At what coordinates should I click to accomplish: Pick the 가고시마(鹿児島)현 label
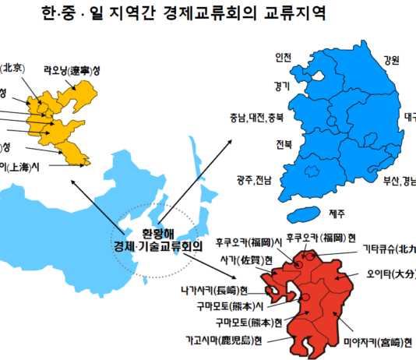tap(223, 340)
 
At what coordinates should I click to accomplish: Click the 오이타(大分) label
tap(390, 274)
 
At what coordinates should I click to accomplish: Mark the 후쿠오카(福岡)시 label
tap(247, 242)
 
